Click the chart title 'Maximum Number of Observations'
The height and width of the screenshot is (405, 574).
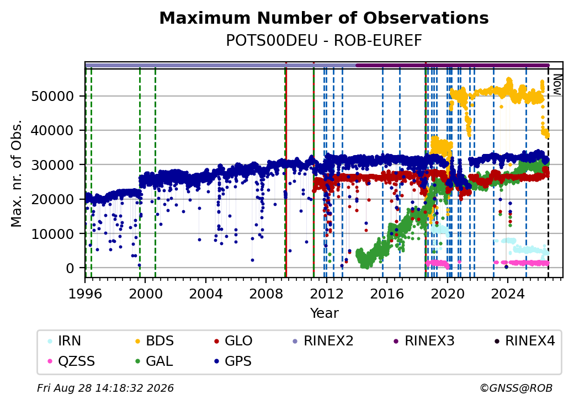coord(324,18)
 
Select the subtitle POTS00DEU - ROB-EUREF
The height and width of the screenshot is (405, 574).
coord(324,41)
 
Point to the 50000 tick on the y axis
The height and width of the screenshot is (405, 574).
coord(53,96)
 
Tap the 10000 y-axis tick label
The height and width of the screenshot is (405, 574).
coord(53,234)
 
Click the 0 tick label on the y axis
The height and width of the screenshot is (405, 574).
coord(70,268)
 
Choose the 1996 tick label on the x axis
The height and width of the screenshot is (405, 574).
coord(85,294)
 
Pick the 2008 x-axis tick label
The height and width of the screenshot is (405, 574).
coord(266,294)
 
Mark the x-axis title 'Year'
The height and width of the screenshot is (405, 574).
coord(325,313)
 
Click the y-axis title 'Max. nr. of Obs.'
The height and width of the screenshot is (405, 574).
coord(17,173)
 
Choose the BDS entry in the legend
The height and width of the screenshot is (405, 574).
coord(155,341)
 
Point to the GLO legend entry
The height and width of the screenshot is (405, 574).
coord(233,341)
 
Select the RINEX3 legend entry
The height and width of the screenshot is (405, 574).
coord(423,341)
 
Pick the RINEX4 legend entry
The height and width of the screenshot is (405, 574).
coord(524,341)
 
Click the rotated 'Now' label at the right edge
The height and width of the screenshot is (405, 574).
coord(557,84)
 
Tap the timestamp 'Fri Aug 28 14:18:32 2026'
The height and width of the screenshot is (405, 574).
coord(105,388)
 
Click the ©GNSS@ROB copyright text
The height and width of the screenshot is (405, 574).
coord(516,388)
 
